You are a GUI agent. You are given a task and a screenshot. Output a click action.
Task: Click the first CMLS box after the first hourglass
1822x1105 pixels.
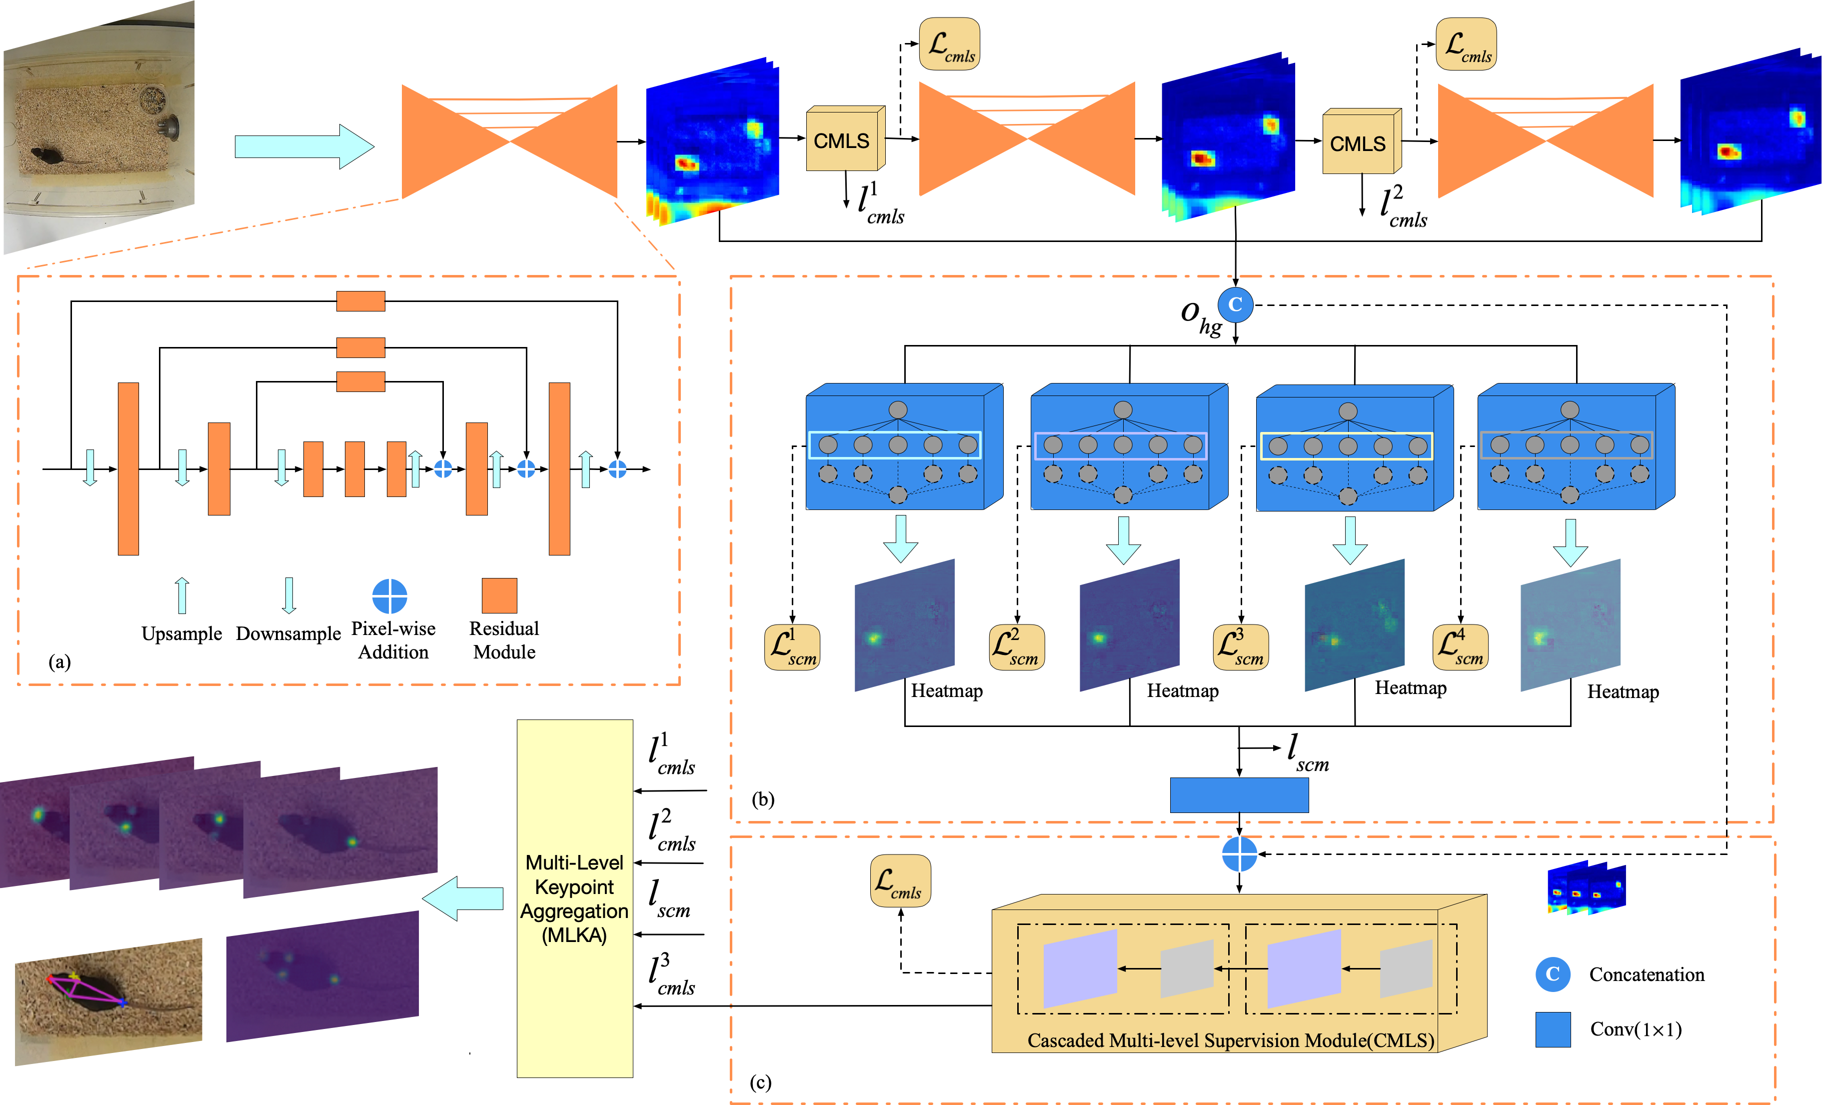coord(842,140)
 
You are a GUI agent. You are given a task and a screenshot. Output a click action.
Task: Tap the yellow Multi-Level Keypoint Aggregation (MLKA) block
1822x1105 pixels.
coord(574,898)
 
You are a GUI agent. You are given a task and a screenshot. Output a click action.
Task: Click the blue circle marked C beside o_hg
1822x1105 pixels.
coord(1235,304)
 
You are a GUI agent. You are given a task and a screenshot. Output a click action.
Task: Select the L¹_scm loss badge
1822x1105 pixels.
coord(792,647)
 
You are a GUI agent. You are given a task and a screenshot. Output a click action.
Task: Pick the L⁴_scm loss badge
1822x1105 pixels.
coord(1460,647)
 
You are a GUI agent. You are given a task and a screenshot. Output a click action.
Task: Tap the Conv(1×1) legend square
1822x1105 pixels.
coord(1553,1029)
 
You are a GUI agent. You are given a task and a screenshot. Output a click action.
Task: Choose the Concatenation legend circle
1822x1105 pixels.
coord(1553,974)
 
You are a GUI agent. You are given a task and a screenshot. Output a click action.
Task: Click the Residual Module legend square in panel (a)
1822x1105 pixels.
coord(499,595)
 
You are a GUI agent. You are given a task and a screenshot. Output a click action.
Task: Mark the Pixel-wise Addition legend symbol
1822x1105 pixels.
coord(390,596)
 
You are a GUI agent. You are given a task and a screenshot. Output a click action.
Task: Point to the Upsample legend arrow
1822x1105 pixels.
coord(182,595)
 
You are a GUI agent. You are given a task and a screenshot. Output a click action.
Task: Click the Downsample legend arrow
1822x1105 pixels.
coord(289,595)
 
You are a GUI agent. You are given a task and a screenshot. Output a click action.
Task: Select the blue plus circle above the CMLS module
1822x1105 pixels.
coord(1239,854)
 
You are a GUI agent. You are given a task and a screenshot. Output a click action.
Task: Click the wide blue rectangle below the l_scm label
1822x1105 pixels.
coord(1239,795)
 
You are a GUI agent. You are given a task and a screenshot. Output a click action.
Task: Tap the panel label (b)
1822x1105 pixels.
coord(762,799)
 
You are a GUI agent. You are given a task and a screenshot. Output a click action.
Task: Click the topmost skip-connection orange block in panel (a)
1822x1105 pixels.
coord(361,301)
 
